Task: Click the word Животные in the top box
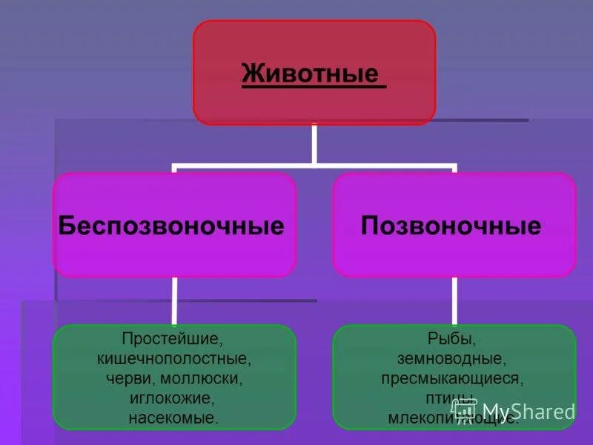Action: [310, 75]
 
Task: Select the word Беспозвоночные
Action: [171, 226]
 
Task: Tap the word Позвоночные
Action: [451, 226]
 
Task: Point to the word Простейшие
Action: [174, 340]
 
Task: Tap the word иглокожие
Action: [174, 399]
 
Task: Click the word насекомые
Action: [174, 418]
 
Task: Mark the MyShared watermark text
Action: [529, 412]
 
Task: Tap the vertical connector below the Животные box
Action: [314, 143]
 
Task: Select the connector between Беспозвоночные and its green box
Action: [175, 300]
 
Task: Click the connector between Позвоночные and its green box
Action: [454, 300]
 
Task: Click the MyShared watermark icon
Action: [465, 410]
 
